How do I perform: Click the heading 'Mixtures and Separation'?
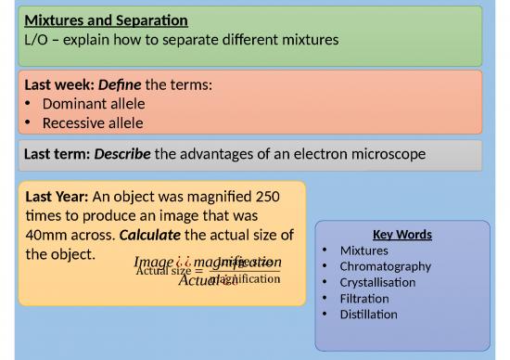point(107,19)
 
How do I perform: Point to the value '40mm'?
point(47,234)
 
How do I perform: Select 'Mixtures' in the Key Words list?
point(364,251)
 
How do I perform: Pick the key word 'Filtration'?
point(364,298)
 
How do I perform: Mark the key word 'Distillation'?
point(369,315)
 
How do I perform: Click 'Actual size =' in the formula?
point(167,271)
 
